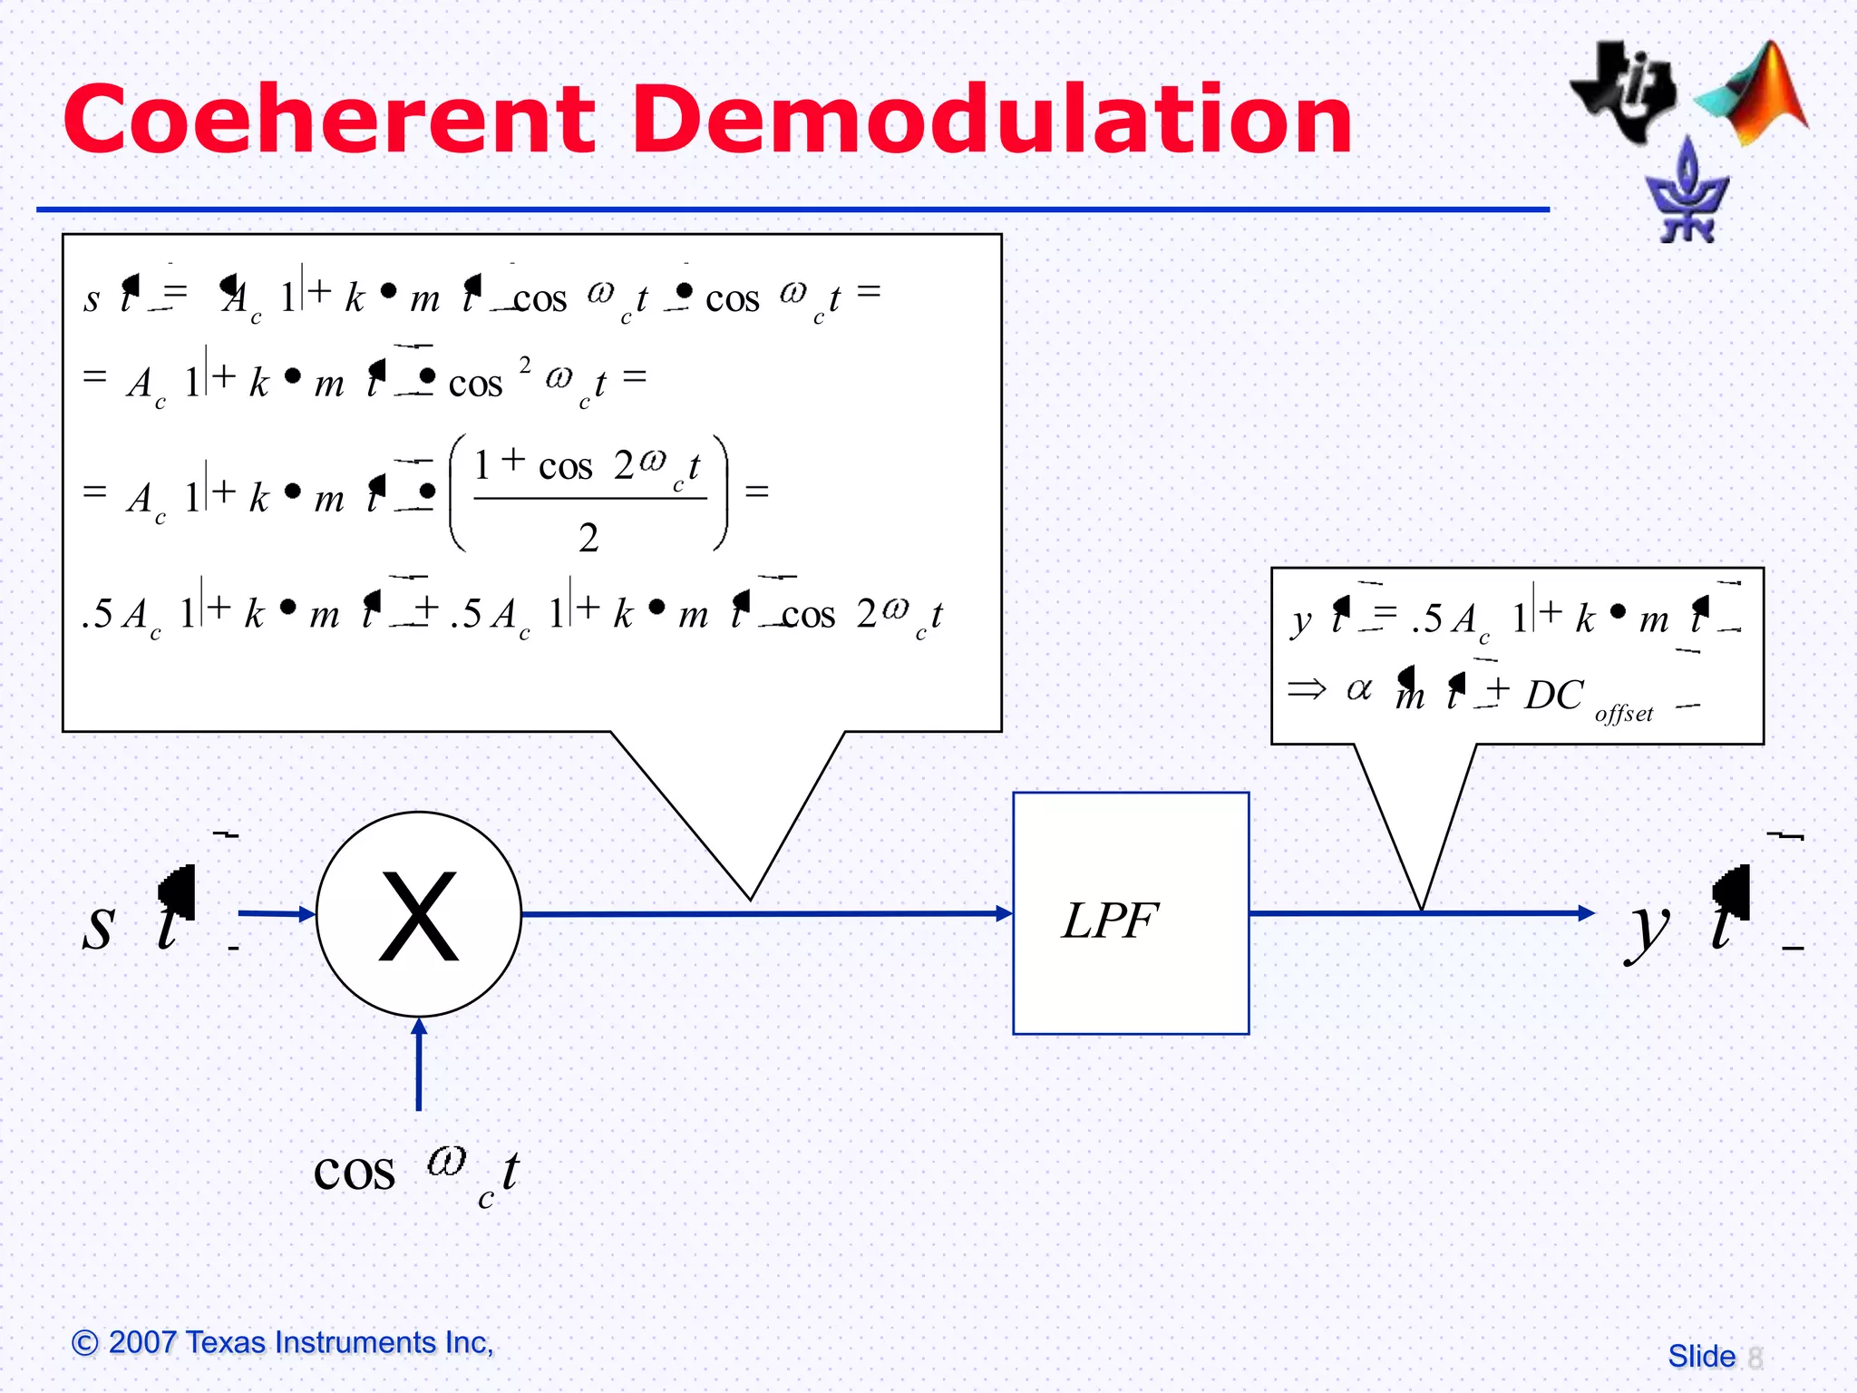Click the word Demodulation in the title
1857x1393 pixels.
click(x=992, y=120)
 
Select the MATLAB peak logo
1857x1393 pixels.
click(x=1755, y=95)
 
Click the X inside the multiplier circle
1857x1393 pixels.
click(x=419, y=915)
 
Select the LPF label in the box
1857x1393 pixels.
click(x=1110, y=921)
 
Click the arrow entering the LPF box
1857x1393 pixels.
click(x=1003, y=913)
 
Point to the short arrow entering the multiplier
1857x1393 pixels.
click(x=304, y=914)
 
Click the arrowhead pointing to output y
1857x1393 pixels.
click(x=1586, y=913)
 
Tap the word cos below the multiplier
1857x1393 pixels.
click(x=354, y=1172)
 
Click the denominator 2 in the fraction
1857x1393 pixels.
click(x=588, y=538)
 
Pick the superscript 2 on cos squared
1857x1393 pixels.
click(x=525, y=365)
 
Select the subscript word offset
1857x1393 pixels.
click(x=1623, y=715)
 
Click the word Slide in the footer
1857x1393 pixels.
click(x=1701, y=1357)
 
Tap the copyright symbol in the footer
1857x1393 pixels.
click(x=84, y=1342)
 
